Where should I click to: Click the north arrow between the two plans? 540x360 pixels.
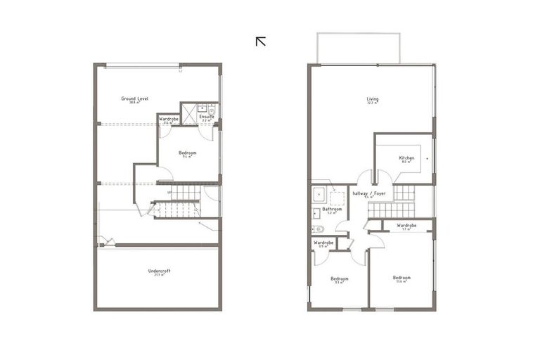click(x=260, y=41)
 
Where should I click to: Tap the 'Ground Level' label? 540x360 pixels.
click(x=134, y=98)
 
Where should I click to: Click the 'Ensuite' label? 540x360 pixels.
click(x=207, y=117)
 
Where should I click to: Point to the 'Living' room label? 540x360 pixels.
click(x=372, y=99)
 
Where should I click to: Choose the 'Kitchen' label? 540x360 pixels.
click(x=406, y=158)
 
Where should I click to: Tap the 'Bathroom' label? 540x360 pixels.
click(x=332, y=210)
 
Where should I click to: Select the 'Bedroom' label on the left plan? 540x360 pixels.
click(x=187, y=153)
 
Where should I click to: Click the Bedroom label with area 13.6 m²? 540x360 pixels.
click(x=402, y=278)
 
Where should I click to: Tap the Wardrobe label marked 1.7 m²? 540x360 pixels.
click(x=406, y=226)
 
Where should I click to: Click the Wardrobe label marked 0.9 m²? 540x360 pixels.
click(x=323, y=243)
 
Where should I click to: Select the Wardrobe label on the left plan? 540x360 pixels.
click(x=169, y=120)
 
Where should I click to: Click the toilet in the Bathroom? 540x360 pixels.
click(x=318, y=229)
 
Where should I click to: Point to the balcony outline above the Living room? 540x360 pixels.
click(x=359, y=48)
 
